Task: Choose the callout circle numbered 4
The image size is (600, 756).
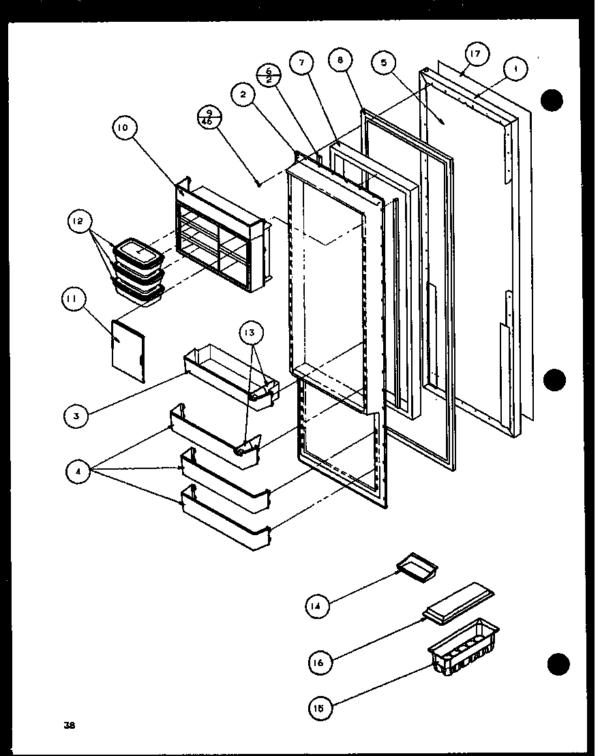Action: (x=79, y=471)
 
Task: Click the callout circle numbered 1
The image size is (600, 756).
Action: (x=516, y=69)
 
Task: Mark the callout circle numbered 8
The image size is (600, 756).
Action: (x=340, y=60)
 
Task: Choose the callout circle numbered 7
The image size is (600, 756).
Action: (x=301, y=62)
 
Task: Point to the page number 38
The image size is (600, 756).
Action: (x=71, y=725)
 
